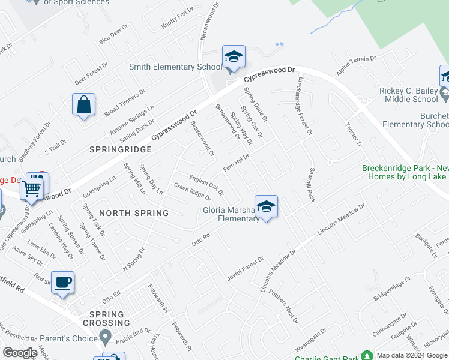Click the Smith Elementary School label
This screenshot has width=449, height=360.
[x=171, y=67]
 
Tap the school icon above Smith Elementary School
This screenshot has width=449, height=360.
[x=233, y=57]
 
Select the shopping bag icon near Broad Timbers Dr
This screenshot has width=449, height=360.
[x=84, y=104]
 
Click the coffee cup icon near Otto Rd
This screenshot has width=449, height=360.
[x=62, y=281]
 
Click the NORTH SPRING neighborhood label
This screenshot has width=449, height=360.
[x=134, y=213]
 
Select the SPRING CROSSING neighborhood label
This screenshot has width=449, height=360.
[x=106, y=319]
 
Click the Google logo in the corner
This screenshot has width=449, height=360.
[x=20, y=353]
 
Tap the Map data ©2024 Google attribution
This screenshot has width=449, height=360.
[x=412, y=355]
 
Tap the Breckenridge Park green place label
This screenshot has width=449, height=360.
[x=405, y=173]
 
